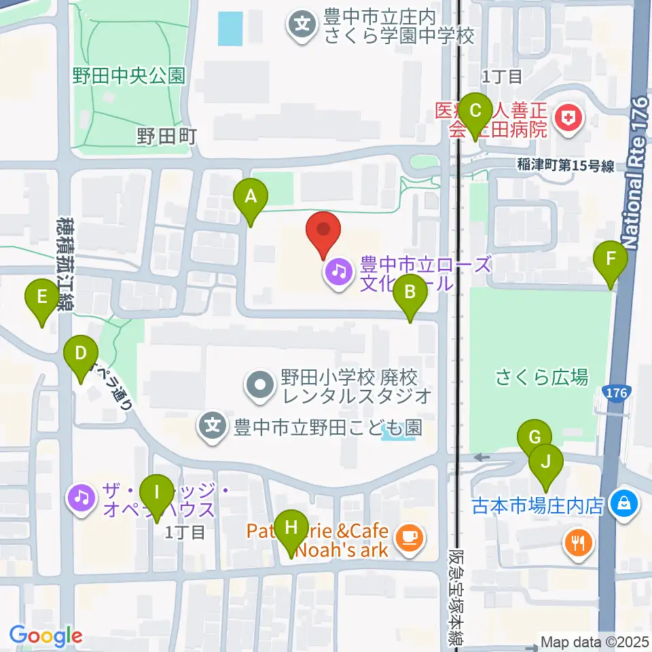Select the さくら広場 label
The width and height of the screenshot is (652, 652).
click(x=541, y=378)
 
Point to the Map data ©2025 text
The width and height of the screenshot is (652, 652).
click(x=594, y=642)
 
